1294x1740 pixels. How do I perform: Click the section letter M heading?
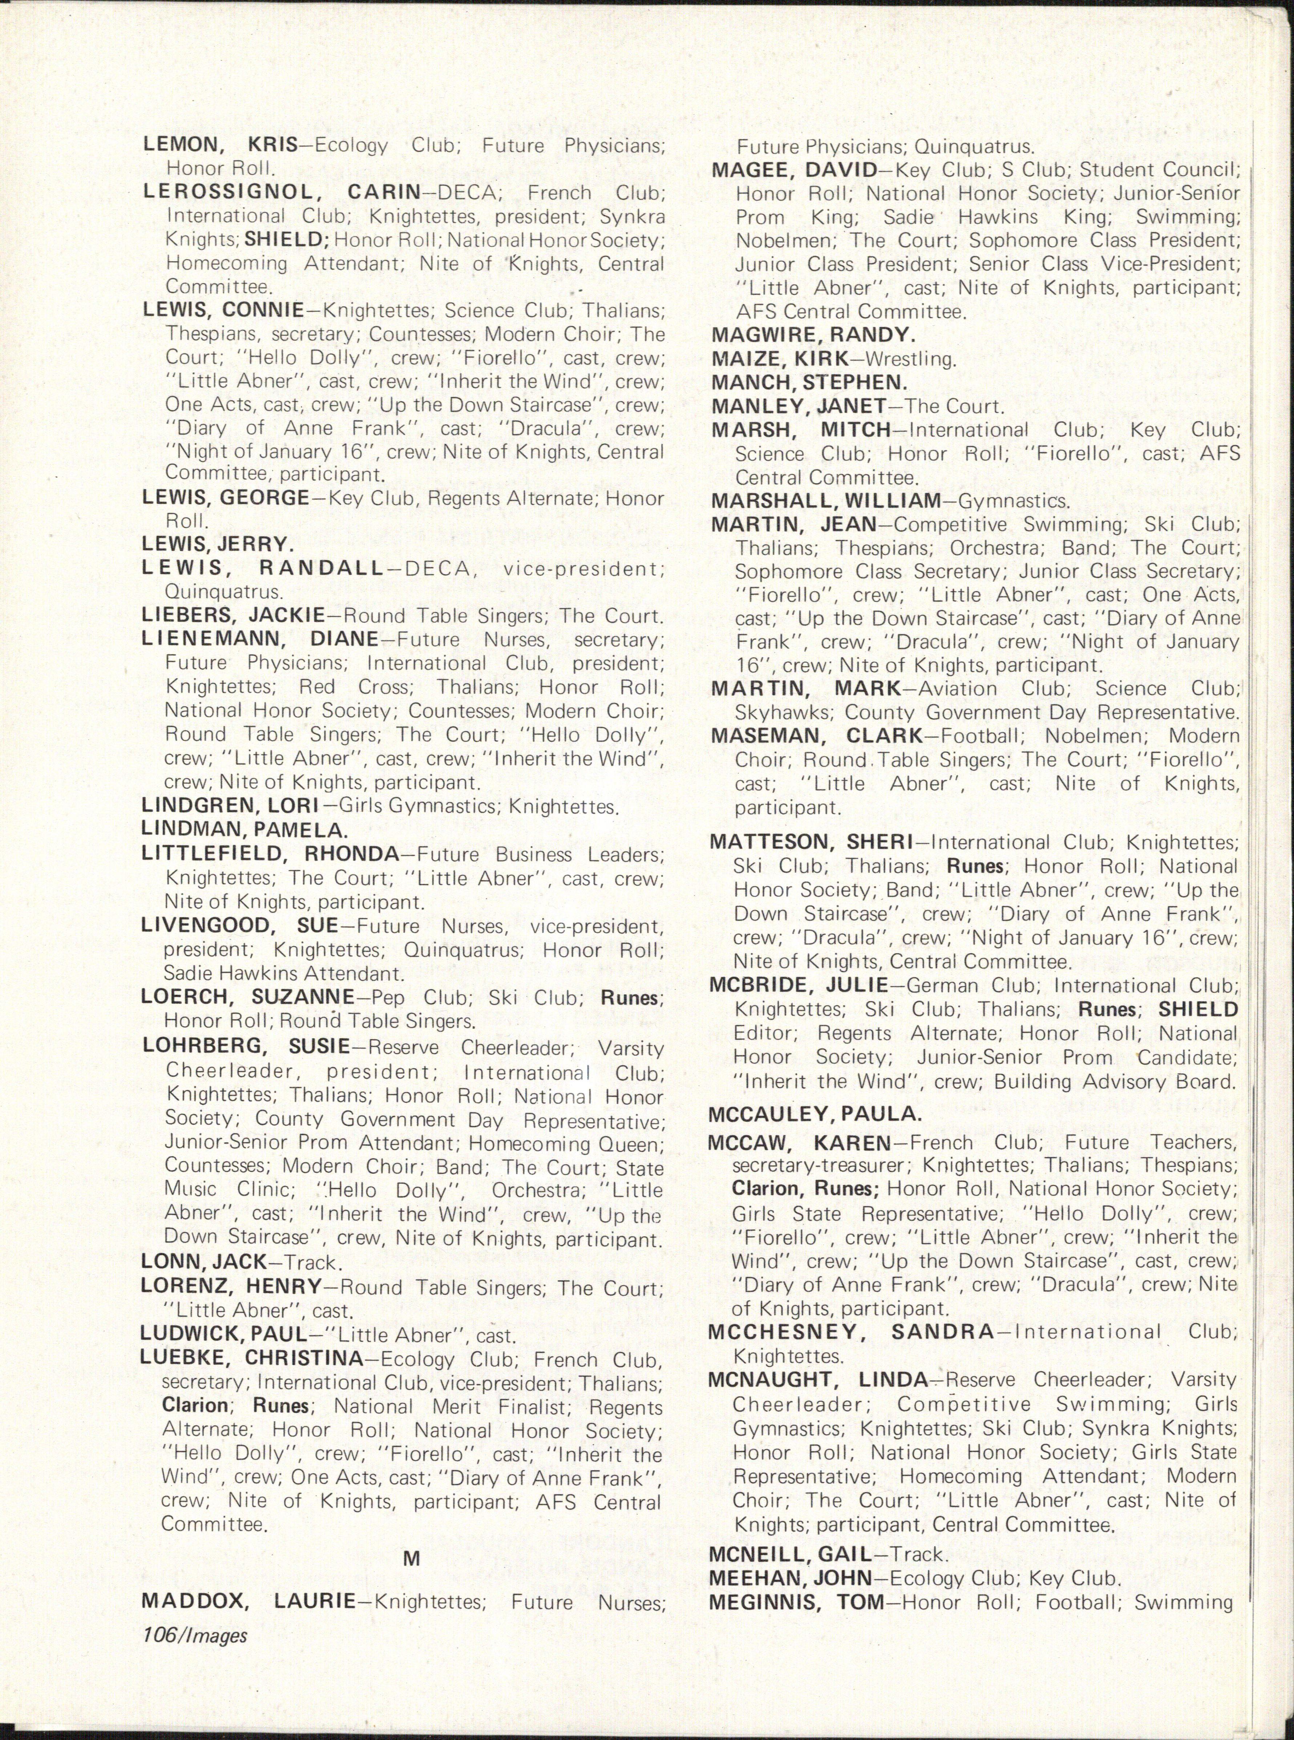point(411,1559)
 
